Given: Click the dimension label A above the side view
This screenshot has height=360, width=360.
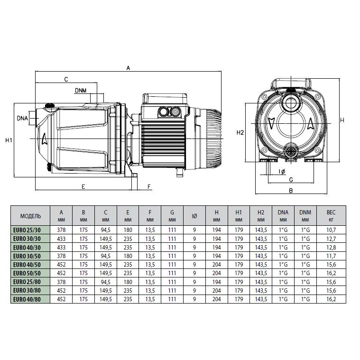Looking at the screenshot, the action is (128, 68).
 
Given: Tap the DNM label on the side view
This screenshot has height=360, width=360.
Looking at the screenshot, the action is (81, 91).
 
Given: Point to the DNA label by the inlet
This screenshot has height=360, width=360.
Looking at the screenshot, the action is (22, 118).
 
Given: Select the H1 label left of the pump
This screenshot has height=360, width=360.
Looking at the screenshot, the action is (9, 140).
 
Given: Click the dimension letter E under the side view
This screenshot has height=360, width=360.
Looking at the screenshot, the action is (83, 187).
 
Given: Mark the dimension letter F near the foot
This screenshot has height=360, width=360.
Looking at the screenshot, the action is (149, 187).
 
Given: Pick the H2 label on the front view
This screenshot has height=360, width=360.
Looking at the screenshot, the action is (240, 132).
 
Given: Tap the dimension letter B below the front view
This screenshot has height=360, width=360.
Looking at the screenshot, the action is (291, 191).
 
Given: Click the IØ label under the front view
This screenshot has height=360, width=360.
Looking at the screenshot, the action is (282, 172).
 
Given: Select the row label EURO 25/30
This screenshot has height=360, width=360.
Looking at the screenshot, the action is (27, 230).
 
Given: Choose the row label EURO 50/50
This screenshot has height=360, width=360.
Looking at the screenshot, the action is (27, 273).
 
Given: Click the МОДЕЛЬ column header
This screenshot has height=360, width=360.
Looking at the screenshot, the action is (30, 216).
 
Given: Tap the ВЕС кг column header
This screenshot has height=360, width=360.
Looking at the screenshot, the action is (331, 216).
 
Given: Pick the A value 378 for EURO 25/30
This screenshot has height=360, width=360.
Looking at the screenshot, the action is (61, 230).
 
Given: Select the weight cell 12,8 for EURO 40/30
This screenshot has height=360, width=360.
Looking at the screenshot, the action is (331, 247).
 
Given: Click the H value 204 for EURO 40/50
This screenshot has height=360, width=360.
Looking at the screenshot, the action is (216, 265).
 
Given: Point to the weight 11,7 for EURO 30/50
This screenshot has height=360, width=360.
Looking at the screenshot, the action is (331, 256).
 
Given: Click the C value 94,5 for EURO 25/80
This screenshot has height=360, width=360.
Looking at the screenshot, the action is (106, 282).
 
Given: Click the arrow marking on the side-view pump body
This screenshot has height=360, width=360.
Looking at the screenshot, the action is (45, 139).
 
